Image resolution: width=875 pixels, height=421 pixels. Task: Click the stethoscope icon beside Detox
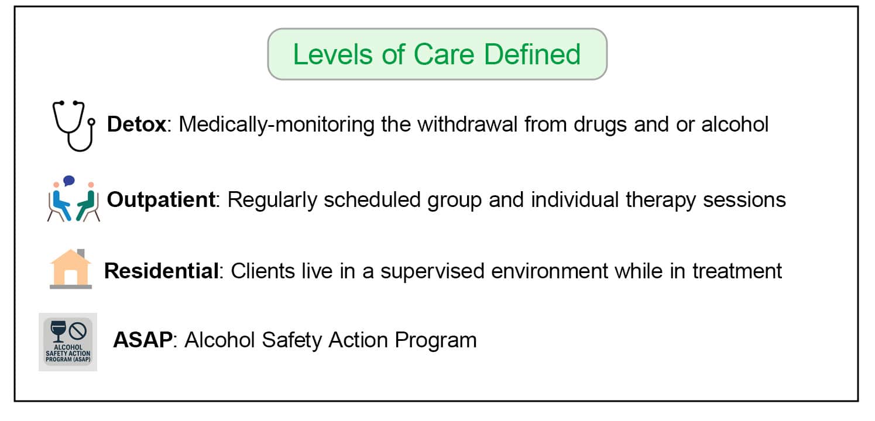tap(73, 125)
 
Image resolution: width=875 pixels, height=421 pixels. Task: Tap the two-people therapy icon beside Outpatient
tap(74, 200)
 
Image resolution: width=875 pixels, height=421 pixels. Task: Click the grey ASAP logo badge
tap(68, 341)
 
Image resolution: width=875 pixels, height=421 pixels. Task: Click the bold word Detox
tap(136, 125)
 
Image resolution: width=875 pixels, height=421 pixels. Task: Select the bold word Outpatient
tap(161, 200)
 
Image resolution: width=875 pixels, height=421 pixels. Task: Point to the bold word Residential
tap(160, 271)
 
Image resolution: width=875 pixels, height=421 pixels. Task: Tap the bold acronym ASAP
tap(143, 340)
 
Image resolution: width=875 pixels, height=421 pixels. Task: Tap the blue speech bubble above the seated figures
tap(69, 181)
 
